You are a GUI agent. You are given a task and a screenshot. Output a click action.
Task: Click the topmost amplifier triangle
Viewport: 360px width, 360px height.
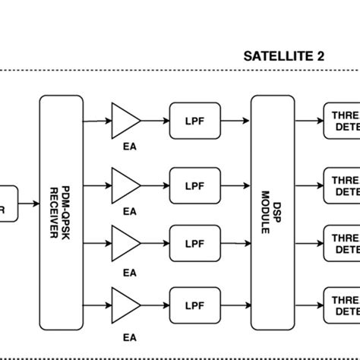click(x=124, y=120)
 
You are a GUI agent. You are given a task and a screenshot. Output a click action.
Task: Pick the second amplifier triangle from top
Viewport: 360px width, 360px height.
click(x=124, y=183)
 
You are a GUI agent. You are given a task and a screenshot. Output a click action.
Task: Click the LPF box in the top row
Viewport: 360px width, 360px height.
click(x=191, y=121)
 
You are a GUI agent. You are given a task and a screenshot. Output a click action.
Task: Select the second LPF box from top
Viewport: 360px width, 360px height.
click(x=191, y=183)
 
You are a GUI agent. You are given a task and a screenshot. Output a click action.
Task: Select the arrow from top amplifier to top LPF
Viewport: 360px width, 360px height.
click(x=155, y=121)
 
